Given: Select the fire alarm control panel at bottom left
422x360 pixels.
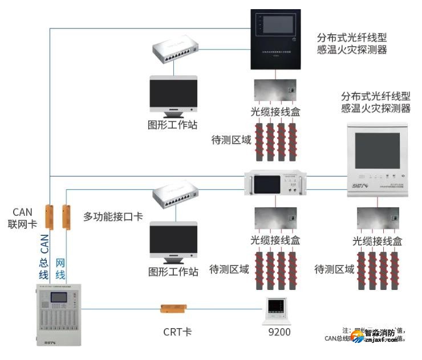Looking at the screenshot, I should (x=58, y=316).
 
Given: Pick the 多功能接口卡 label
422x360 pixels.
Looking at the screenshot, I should (x=113, y=216).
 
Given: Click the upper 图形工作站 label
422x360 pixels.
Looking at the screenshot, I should (x=173, y=125).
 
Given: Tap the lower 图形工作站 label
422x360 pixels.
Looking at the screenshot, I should (x=173, y=272).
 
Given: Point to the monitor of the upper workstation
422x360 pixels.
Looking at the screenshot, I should (x=173, y=94).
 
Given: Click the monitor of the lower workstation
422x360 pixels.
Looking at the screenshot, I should (x=173, y=242).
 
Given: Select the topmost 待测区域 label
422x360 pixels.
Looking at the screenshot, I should (x=231, y=140).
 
